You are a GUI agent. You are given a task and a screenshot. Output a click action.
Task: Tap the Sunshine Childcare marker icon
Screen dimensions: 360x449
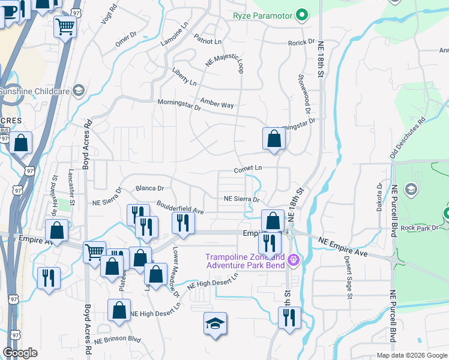pos(77,91)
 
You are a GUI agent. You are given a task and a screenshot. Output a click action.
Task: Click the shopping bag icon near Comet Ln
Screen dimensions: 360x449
pos(274,139)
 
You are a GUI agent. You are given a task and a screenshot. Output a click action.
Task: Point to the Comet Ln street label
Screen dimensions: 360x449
pos(249,169)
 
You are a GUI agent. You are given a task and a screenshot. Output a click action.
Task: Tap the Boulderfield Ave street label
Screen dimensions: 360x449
pos(181,207)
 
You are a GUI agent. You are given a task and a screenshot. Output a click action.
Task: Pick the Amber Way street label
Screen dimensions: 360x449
pos(217,103)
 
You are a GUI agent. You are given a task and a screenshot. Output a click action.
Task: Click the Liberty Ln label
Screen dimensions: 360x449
pos(184,76)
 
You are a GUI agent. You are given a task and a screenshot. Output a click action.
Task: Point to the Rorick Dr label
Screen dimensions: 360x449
pos(301,43)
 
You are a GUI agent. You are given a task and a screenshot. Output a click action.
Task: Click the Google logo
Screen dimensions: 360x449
pos(20,353)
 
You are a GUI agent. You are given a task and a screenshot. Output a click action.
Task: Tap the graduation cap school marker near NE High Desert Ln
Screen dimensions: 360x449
pos(215,324)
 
